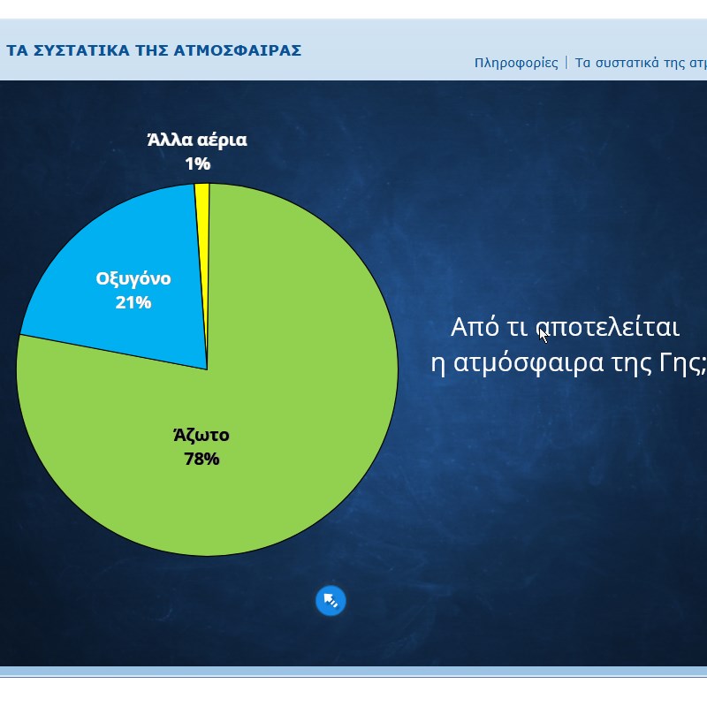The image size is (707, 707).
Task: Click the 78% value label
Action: (x=201, y=459)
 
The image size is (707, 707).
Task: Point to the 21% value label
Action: (x=133, y=302)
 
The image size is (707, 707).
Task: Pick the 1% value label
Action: (x=197, y=163)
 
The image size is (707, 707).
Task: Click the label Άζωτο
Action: (x=201, y=435)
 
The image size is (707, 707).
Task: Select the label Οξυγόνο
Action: (x=133, y=279)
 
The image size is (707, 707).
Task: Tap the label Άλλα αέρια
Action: (x=197, y=140)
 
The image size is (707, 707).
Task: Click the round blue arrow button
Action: (x=331, y=601)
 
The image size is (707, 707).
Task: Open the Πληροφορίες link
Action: (x=516, y=63)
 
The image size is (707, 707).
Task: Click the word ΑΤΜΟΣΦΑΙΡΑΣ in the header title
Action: (x=238, y=50)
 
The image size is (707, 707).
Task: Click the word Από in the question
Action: (x=475, y=326)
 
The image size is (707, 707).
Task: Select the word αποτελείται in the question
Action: (x=607, y=327)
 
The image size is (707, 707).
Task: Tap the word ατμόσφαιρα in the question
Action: (x=528, y=363)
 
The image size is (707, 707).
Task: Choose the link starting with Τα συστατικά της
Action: (x=641, y=63)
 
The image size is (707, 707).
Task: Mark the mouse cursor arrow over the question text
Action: (x=544, y=336)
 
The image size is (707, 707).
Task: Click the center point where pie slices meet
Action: (x=208, y=369)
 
